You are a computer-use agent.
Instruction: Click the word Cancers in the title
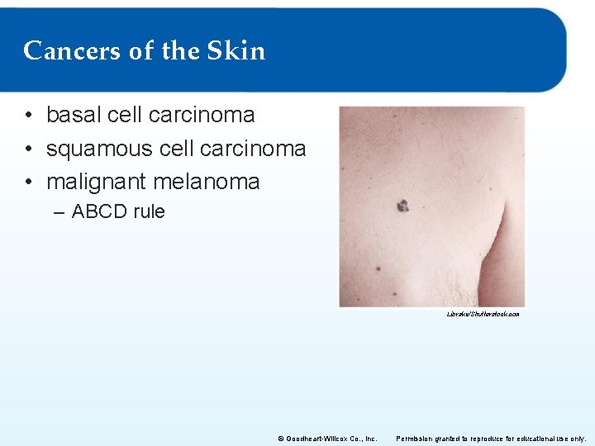[71, 51]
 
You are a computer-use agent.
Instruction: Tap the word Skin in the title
[236, 51]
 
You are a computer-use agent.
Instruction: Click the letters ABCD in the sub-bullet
[100, 211]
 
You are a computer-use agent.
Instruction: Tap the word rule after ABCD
[150, 211]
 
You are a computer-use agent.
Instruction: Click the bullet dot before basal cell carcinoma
[28, 116]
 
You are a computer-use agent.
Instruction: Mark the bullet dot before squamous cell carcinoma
[28, 149]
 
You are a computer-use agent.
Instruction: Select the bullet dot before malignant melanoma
[28, 183]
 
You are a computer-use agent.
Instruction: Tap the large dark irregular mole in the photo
[402, 206]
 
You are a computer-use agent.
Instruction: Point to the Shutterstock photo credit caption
[483, 315]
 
